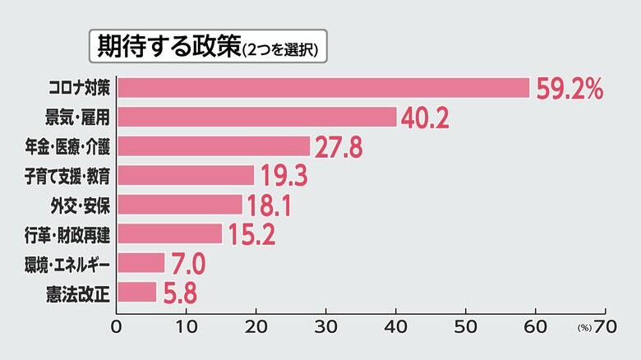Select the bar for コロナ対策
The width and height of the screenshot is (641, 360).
(323, 88)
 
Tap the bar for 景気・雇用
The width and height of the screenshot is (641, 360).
(256, 117)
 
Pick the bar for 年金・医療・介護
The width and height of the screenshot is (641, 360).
(214, 146)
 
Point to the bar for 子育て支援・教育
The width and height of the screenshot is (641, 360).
(186, 175)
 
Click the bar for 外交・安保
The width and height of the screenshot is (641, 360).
(180, 205)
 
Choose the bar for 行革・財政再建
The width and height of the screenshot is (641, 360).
(169, 233)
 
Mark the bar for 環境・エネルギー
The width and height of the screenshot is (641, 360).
(141, 263)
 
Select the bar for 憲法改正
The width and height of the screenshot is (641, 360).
(136, 292)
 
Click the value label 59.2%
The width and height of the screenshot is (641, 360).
(570, 88)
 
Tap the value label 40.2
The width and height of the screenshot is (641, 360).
(425, 118)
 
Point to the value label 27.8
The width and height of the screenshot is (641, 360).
(339, 147)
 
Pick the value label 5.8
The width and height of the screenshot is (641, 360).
(179, 293)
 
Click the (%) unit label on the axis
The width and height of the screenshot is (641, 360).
(584, 326)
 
